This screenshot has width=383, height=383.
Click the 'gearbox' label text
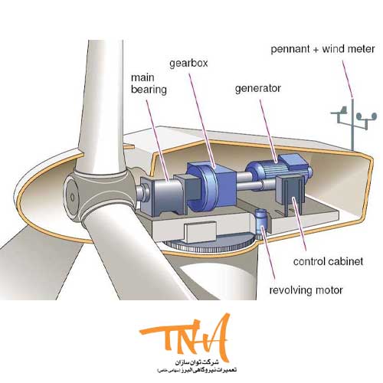(188, 64)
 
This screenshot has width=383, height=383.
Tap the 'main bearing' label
(149, 83)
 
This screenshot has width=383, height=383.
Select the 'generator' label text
(258, 89)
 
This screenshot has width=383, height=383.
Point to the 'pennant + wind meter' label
(322, 49)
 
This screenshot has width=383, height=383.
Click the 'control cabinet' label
(328, 261)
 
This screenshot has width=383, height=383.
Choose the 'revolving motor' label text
(306, 290)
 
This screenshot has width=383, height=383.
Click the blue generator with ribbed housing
(277, 167)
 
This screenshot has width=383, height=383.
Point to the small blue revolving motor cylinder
(261, 220)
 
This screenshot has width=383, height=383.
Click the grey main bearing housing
(163, 194)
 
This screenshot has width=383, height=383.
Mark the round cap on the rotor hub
(72, 197)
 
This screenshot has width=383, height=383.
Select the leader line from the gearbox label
(202, 120)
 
